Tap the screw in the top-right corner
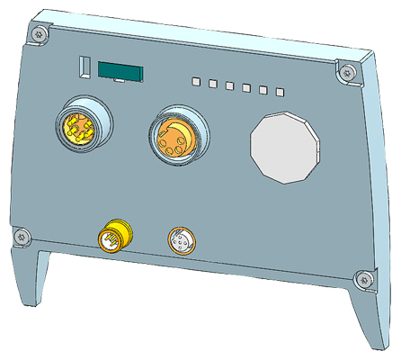[343, 67]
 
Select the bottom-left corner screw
[22, 236]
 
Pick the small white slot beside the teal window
[84, 67]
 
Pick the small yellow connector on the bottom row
[115, 236]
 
